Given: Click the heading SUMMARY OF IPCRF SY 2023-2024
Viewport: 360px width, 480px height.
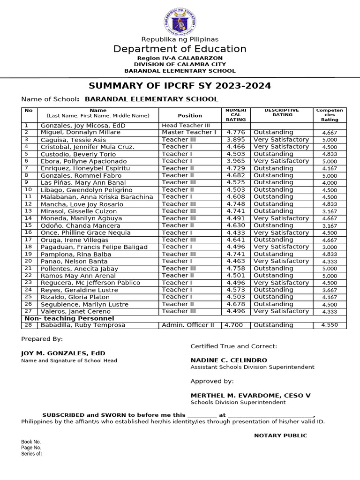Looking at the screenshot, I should tap(180, 86).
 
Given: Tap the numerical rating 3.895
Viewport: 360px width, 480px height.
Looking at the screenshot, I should tap(236, 140).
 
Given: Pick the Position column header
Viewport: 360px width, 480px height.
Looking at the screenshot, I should tap(190, 115).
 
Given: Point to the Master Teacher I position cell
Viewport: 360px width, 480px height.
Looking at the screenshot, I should tap(189, 132).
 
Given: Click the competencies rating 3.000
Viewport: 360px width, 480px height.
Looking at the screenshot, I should tap(330, 247).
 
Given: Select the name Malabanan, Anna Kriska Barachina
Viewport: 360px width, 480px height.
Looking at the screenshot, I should tap(97, 197).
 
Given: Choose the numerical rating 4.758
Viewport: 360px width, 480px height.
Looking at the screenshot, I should tap(236, 269).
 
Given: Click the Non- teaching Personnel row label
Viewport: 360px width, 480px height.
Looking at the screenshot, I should tap(69, 318).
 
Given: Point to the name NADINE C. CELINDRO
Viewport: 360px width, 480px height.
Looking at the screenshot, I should tap(229, 360).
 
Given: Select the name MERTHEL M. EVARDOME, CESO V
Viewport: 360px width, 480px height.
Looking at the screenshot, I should tap(250, 395).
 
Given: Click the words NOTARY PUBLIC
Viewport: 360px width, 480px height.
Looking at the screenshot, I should tap(280, 435).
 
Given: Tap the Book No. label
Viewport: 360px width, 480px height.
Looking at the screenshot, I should tap(31, 442).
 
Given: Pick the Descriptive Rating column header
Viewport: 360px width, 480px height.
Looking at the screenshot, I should tap(282, 112).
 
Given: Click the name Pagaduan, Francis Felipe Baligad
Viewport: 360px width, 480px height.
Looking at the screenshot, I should tap(94, 247).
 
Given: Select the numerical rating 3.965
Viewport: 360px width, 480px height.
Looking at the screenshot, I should tap(236, 161).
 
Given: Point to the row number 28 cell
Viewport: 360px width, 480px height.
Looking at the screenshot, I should tap(29, 325).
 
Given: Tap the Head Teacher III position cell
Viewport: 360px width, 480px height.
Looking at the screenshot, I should tap(186, 126).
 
